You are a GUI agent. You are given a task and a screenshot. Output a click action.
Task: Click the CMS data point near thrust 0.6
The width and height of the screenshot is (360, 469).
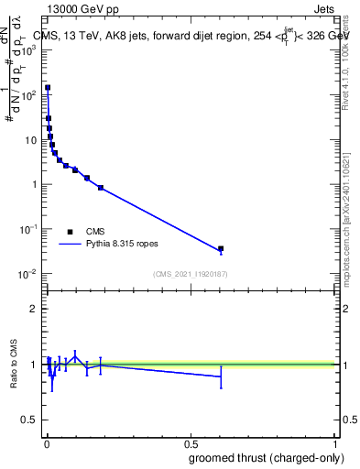click(221, 248)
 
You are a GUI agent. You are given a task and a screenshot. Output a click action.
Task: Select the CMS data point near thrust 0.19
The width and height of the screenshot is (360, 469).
click(101, 187)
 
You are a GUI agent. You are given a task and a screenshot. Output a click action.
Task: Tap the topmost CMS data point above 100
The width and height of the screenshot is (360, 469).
click(48, 88)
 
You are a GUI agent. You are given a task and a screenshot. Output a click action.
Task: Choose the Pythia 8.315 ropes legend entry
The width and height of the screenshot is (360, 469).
click(119, 245)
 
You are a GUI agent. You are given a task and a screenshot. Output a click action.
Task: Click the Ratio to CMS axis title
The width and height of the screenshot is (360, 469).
click(15, 365)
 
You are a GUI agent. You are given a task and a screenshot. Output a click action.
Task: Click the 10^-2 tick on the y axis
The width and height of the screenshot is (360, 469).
click(30, 274)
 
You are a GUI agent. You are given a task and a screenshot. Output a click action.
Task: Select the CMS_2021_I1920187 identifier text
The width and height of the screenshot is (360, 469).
click(190, 274)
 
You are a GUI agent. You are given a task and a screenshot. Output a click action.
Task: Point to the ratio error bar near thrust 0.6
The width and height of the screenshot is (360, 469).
click(221, 376)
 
